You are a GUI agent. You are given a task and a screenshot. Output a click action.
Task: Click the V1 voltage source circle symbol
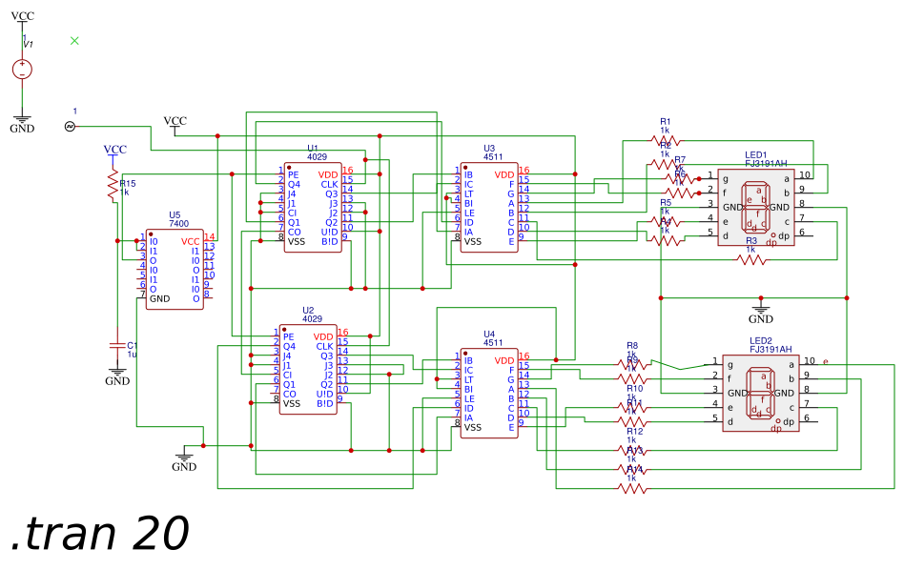[x=22, y=70]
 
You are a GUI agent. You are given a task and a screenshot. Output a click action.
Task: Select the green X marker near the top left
[x=75, y=40]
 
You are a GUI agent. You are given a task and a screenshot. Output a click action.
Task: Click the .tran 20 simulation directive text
[x=100, y=534]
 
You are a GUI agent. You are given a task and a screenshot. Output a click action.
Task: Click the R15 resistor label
[x=127, y=184]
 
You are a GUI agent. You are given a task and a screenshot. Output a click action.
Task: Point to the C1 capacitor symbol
[x=117, y=344]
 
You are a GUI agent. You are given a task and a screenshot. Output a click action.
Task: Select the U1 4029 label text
[x=317, y=152]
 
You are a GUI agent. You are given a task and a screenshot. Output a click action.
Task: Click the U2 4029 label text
[x=312, y=315]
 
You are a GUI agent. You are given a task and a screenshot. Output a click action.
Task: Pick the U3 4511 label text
[x=489, y=152]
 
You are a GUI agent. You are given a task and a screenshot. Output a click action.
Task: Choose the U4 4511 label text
[x=489, y=338]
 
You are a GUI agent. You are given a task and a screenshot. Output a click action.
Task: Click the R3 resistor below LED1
[x=750, y=258]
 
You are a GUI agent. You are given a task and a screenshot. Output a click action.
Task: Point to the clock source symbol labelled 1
[x=70, y=126]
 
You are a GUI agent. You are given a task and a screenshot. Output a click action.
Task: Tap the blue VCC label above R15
[x=114, y=150]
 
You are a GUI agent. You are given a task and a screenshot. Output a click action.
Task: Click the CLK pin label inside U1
[x=328, y=184]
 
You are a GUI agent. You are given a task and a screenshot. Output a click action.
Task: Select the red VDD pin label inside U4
[x=504, y=360]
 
